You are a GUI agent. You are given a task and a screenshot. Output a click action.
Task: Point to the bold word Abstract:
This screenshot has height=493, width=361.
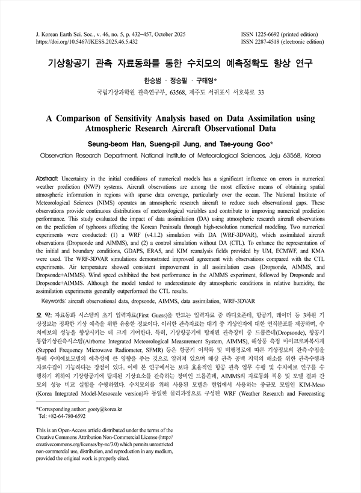click(49, 180)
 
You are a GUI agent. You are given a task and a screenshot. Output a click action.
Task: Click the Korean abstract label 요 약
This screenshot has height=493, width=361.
click(44, 314)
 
